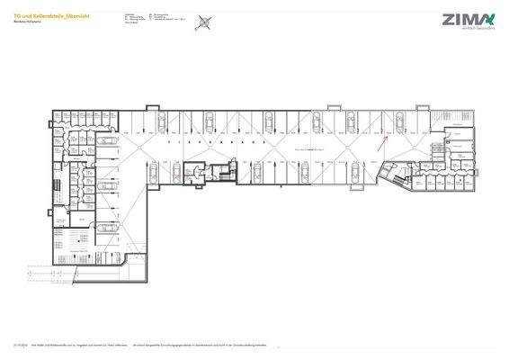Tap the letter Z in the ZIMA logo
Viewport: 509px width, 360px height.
[x=447, y=19]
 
